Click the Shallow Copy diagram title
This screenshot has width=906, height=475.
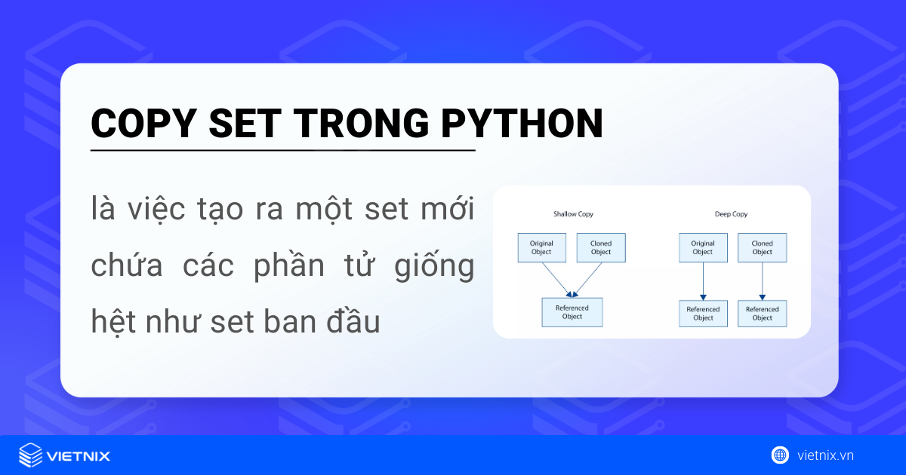coord(573,214)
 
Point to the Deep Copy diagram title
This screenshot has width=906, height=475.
coord(731,214)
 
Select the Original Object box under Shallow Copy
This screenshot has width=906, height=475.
coord(541,247)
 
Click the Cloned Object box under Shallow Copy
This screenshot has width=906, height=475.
coord(601,247)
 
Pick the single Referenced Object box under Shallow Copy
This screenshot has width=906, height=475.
coord(572,312)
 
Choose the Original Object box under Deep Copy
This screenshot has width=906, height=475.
coord(703,247)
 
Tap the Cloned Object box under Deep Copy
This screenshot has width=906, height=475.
coord(762,247)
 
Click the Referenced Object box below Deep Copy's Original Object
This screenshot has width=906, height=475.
coord(703,314)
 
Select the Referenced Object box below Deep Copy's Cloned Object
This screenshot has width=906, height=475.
coord(762,314)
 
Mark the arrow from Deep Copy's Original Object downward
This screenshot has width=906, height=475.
coord(703,281)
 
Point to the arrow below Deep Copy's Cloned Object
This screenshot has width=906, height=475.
coord(762,281)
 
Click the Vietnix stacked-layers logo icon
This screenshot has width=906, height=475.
coord(30,455)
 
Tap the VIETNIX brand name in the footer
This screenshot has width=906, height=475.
coord(78,456)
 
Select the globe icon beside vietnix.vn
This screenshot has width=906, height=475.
coord(780,455)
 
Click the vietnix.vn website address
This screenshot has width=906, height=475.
coord(825,455)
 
